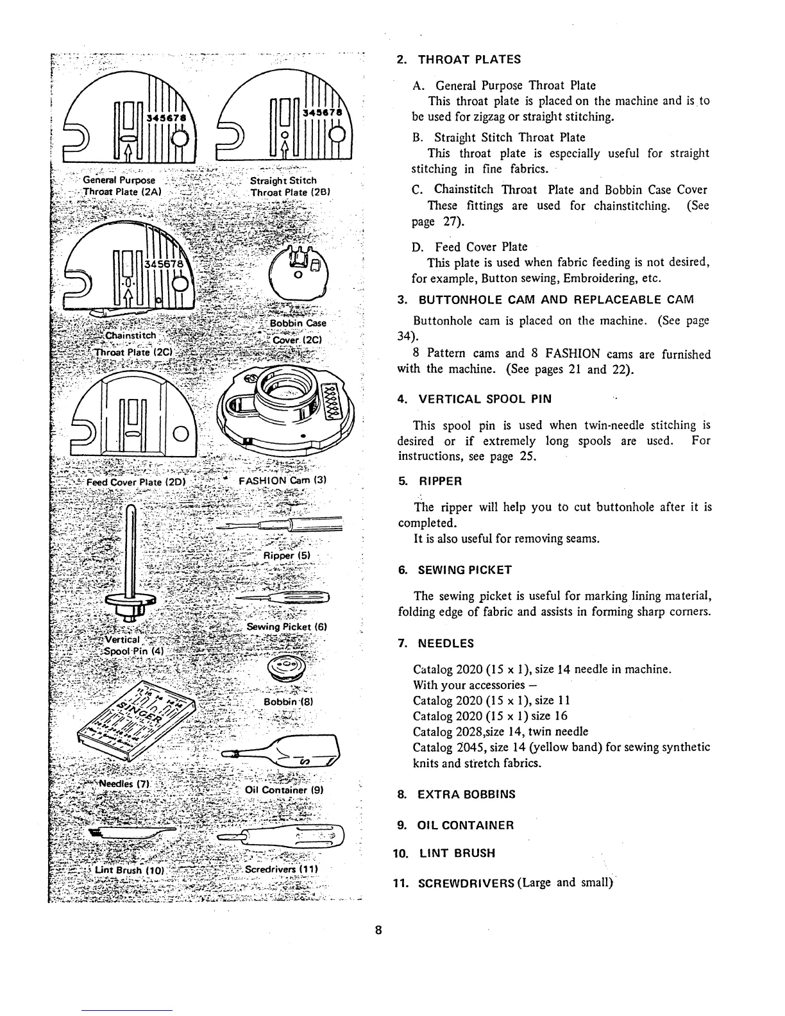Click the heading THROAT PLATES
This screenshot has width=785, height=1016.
point(469,60)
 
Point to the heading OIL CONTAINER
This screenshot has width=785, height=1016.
point(466,825)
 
